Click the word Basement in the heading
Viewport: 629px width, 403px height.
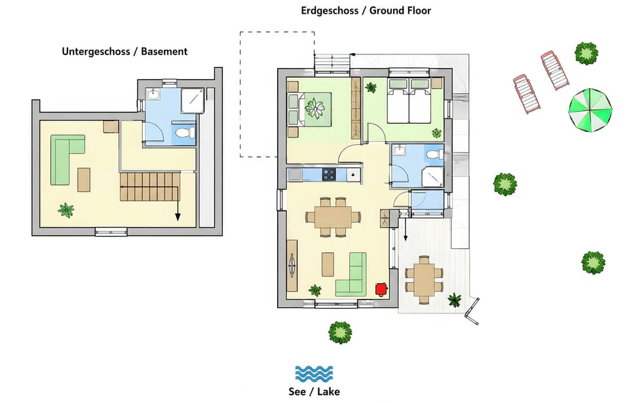click(x=164, y=51)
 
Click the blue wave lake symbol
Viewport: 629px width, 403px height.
click(x=314, y=374)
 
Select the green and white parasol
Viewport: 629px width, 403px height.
click(x=590, y=110)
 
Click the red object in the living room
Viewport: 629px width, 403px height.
click(x=381, y=289)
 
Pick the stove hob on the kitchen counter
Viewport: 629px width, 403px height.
click(x=329, y=174)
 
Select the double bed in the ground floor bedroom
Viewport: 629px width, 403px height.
click(x=409, y=101)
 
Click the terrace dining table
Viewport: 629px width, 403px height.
click(x=424, y=279)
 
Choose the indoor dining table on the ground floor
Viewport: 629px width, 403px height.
click(x=333, y=217)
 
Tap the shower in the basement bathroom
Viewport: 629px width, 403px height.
click(x=193, y=101)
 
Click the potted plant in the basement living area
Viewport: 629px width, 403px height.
click(x=66, y=210)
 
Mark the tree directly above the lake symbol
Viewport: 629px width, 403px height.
click(x=340, y=332)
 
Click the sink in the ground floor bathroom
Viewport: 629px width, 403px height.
click(x=400, y=151)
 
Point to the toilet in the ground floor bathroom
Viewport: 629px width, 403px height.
click(x=434, y=155)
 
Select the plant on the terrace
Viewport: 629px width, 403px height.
click(x=455, y=299)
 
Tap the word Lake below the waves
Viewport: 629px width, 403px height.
click(x=328, y=392)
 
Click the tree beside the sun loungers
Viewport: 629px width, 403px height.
click(x=586, y=53)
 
